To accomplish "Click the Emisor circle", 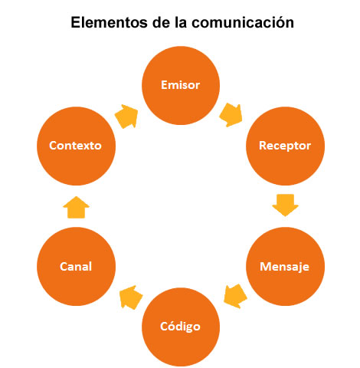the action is (181, 85).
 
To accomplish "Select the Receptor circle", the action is (285, 146).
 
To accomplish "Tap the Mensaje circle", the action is (285, 266).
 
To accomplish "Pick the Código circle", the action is (181, 327).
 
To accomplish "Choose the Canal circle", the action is (76, 266).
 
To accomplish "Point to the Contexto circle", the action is (76, 146).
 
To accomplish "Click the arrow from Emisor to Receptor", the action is (231, 115).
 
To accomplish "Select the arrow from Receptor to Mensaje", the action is (285, 205).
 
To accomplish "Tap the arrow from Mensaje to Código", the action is (235, 296).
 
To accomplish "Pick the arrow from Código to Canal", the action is (131, 297).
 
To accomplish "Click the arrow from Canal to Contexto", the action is (76, 207).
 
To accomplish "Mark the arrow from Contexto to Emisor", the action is (126, 117).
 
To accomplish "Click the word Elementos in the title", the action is (110, 22).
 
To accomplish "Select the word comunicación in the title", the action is (243, 22).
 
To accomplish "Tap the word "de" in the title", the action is (161, 22).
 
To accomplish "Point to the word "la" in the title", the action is (181, 22).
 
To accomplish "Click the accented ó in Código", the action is (170, 325).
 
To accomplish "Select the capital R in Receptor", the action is (263, 145).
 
